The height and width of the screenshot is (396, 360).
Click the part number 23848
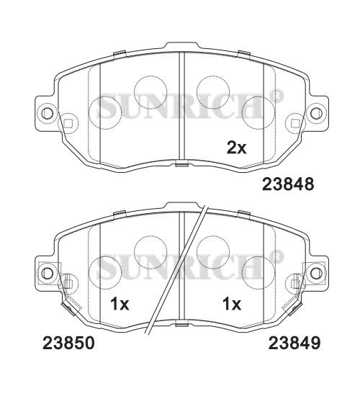(288, 184)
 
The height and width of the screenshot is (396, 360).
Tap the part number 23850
(68, 343)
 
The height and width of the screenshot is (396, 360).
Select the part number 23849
(294, 343)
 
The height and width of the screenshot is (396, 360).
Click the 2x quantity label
(236, 148)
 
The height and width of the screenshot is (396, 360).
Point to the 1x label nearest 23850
(120, 304)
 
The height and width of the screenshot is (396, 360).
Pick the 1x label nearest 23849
(231, 304)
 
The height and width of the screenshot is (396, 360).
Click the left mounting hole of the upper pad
(47, 112)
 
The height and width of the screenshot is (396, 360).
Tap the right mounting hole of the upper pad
(316, 112)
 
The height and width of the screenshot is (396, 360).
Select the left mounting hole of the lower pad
(47, 272)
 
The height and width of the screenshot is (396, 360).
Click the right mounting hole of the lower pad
(316, 272)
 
